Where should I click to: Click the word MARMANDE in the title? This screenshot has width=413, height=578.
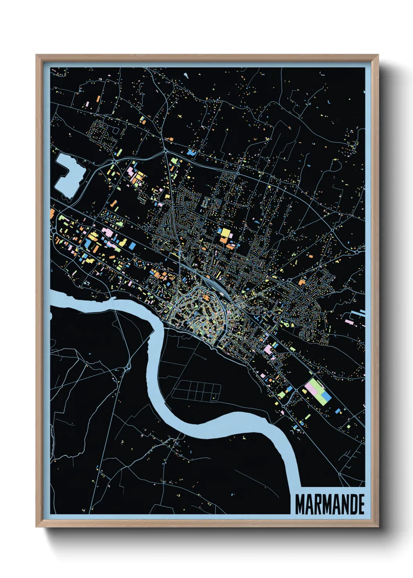pyautogui.click(x=329, y=504)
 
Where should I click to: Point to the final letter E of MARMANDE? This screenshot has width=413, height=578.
pyautogui.click(x=361, y=504)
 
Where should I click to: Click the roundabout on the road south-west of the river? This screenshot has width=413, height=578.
pyautogui.click(x=127, y=367)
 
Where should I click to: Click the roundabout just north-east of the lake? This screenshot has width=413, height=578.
pyautogui.click(x=114, y=161)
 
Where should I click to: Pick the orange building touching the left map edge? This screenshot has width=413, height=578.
pyautogui.click(x=52, y=213)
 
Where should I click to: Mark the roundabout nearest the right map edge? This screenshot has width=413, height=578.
pyautogui.click(x=357, y=253)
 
